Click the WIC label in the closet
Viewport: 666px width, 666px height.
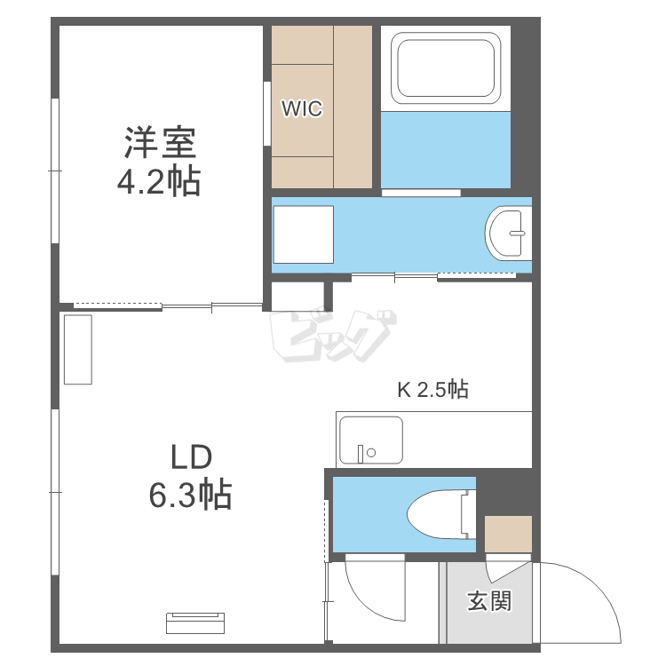tap(302, 108)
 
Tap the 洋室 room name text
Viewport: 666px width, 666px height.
tap(160, 142)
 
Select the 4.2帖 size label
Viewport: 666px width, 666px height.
tap(159, 181)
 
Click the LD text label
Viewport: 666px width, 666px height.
tap(191, 456)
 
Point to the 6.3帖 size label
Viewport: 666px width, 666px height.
tap(190, 495)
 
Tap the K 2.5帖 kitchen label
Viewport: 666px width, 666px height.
tap(432, 389)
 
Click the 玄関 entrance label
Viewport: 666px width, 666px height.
tap(489, 600)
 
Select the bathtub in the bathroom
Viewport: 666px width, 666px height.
tap(446, 68)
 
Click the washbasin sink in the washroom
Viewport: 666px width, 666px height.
tap(508, 234)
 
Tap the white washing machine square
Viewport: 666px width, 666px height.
tap(304, 234)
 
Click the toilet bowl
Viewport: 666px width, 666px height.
tap(441, 514)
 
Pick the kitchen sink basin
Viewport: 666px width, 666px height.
tap(371, 440)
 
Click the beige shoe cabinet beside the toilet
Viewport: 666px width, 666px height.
tap(508, 534)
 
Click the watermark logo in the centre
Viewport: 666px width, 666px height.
tap(333, 337)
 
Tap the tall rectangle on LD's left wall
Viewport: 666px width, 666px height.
tap(78, 350)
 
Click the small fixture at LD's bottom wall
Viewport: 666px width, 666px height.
tap(195, 623)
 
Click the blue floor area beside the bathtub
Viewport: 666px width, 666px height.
tap(446, 149)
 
